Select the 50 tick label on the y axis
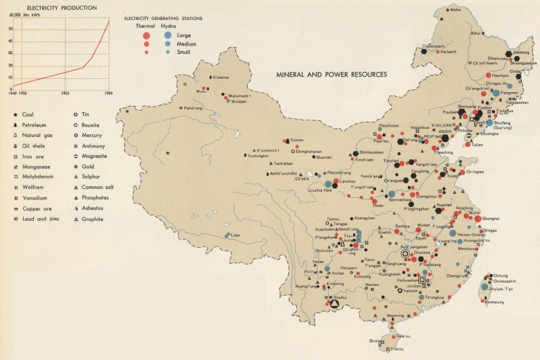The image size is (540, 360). [10, 29]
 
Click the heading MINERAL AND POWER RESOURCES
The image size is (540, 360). [331, 74]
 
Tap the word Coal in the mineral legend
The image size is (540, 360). [28, 114]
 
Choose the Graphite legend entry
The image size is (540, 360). [92, 219]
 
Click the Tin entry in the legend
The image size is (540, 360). [86, 114]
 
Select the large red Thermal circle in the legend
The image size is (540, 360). [146, 35]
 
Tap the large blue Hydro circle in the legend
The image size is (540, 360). [168, 35]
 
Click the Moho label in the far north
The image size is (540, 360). [455, 10]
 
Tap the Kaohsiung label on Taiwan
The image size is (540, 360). [494, 302]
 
